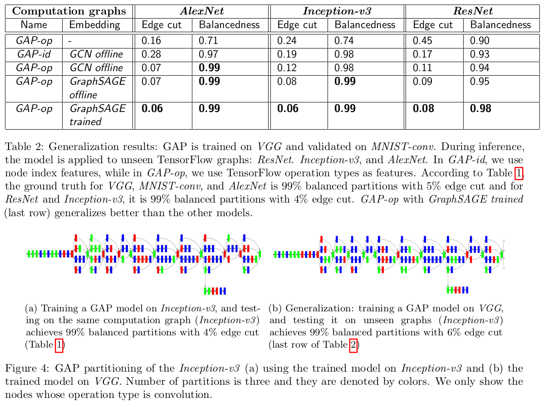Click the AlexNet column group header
click(x=201, y=11)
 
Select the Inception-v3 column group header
click(x=337, y=11)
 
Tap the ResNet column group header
click(x=472, y=11)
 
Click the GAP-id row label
click(x=34, y=54)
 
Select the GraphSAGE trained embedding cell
click(x=97, y=115)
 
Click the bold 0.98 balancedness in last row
click(x=480, y=109)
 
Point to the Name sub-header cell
click(x=34, y=25)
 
